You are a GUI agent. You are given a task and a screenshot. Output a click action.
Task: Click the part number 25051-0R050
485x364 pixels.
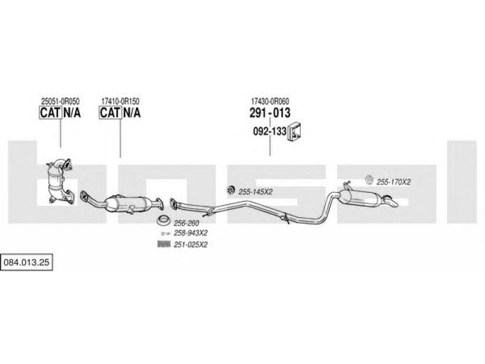[x=60, y=101]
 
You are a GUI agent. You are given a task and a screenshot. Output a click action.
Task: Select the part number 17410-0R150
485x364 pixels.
[x=120, y=101]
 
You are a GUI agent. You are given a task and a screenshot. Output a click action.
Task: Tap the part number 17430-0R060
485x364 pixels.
[x=270, y=101]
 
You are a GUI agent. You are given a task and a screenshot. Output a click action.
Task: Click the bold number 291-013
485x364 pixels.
[x=270, y=113]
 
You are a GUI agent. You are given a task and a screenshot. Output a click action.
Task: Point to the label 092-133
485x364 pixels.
[x=270, y=131]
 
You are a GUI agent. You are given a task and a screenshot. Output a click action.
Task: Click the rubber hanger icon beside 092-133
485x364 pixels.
[x=295, y=132]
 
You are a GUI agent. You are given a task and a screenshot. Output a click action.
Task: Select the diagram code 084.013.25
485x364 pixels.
[x=26, y=263]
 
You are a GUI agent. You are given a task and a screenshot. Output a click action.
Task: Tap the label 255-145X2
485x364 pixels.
[x=255, y=192]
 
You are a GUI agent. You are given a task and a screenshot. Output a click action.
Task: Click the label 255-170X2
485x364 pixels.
[x=393, y=183]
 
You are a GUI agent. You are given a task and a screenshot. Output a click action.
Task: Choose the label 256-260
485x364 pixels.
[x=186, y=223]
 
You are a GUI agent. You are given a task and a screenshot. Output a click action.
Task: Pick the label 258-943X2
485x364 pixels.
[x=190, y=233]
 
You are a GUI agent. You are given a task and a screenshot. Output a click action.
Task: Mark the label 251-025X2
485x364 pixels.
[x=190, y=245]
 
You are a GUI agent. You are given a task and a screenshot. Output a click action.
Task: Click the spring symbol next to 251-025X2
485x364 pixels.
[x=164, y=244]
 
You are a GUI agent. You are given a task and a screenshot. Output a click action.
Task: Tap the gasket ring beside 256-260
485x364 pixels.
[x=163, y=220]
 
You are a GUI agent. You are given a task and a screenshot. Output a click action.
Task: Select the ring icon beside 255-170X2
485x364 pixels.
[x=369, y=180]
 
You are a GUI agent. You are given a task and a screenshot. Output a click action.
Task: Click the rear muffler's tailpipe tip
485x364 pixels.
[x=393, y=203]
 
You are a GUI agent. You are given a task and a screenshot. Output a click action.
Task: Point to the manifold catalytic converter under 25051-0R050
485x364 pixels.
[x=59, y=181]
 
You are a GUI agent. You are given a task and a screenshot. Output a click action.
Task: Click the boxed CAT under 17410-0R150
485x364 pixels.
[x=110, y=112]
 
